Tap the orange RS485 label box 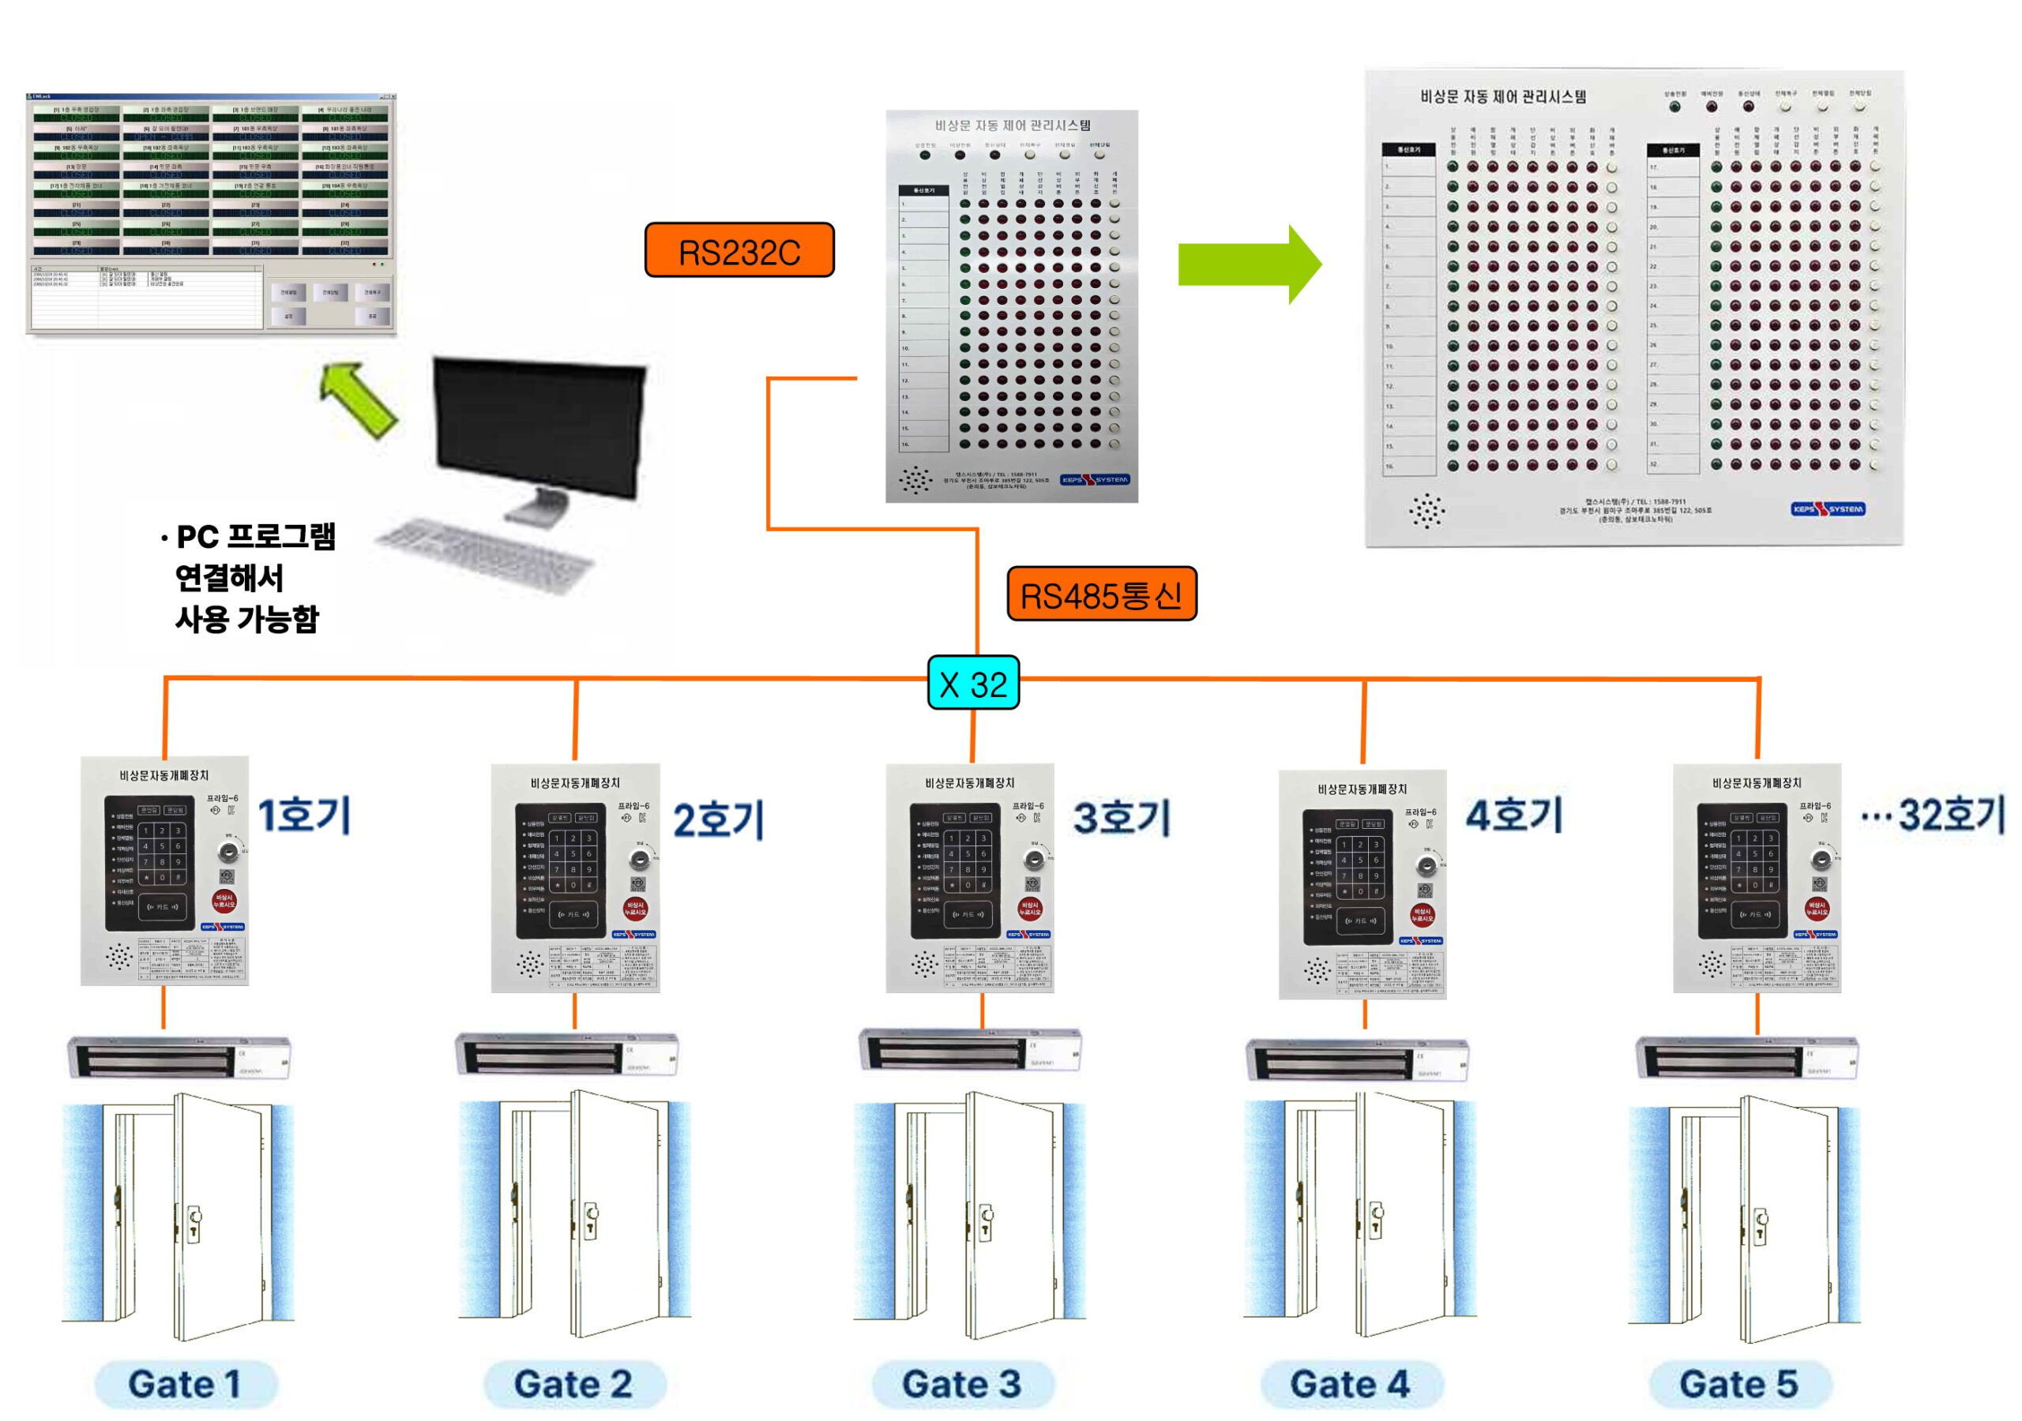click(1101, 594)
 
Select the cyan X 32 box click(972, 683)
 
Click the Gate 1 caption click(185, 1383)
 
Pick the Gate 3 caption click(962, 1383)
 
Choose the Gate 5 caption click(1738, 1383)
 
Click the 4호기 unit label click(1513, 815)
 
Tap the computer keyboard click(484, 555)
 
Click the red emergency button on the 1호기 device click(224, 901)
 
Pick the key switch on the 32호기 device click(1821, 859)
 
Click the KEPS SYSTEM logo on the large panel click(1828, 509)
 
